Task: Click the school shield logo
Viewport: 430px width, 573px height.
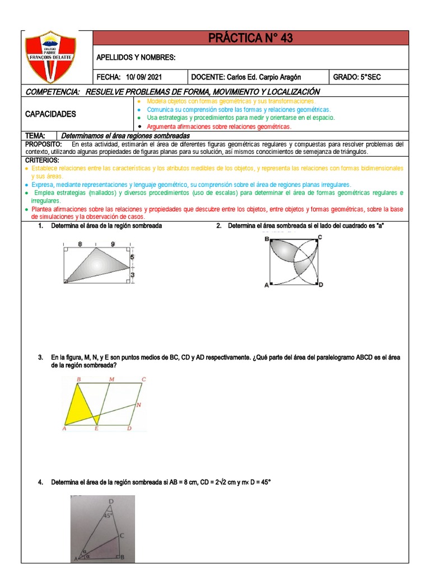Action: point(50,57)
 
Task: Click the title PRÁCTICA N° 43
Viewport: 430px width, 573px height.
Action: point(250,38)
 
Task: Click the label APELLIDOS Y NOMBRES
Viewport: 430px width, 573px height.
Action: point(136,57)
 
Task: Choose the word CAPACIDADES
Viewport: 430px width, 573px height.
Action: point(50,114)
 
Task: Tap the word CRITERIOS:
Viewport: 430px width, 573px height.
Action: point(43,161)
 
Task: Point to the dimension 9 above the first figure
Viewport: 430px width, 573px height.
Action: point(113,244)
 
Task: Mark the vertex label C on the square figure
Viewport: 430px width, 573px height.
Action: point(319,237)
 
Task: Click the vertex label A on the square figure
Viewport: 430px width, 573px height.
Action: point(267,285)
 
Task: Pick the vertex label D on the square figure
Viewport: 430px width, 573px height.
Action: point(321,285)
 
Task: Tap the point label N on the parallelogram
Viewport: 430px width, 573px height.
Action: point(139,404)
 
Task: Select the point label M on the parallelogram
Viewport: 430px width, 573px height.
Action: point(112,379)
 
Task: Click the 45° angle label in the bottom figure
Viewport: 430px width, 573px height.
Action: point(107,516)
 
